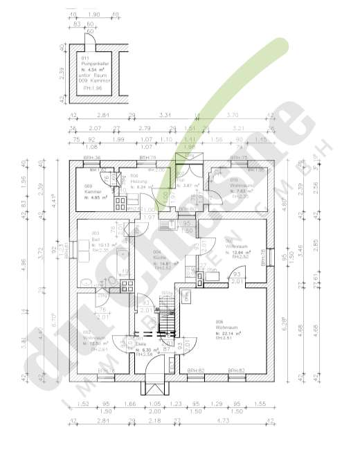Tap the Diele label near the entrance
coord(141,344)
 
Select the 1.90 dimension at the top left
coord(95,13)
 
